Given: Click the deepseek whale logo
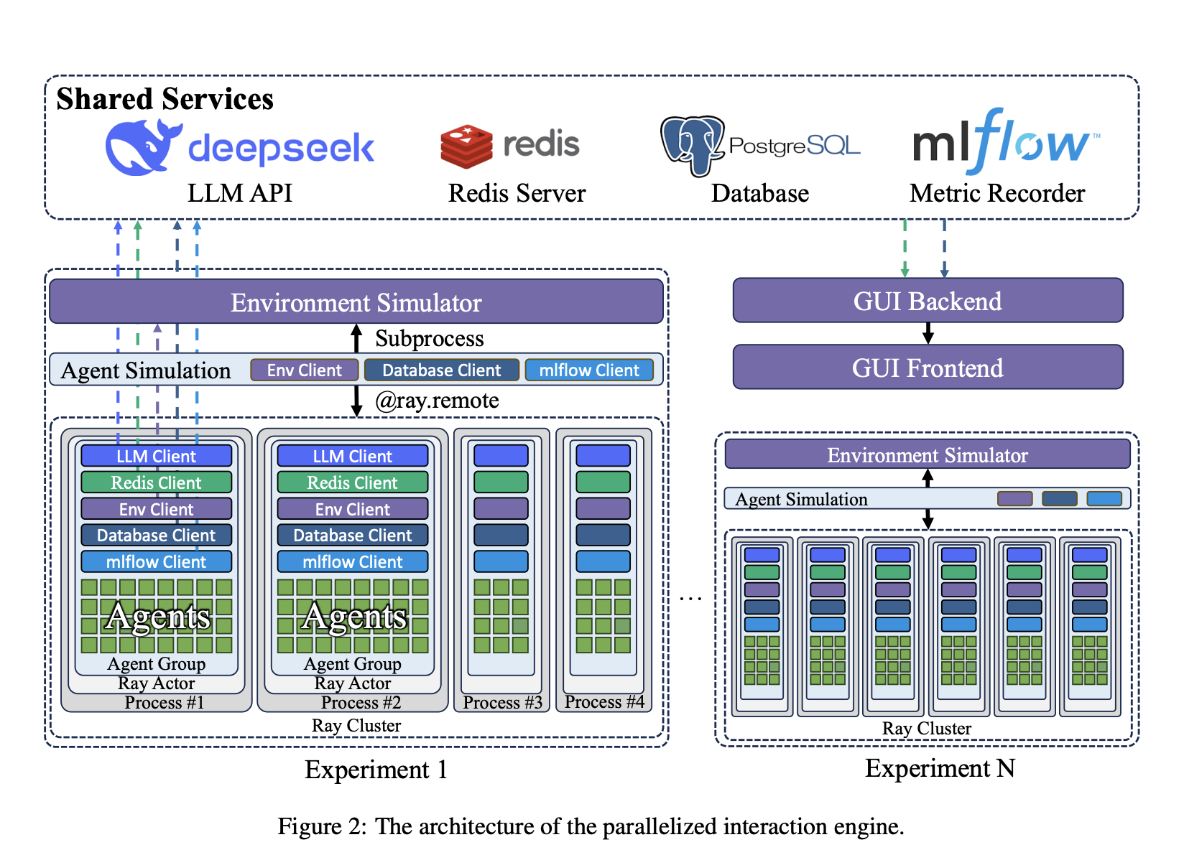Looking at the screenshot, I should click(141, 147).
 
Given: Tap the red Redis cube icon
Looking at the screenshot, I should click(466, 146).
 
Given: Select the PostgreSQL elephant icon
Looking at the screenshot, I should click(690, 145).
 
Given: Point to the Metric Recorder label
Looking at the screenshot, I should click(996, 194).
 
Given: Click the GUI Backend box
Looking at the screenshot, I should click(927, 301).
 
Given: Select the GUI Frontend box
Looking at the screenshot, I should click(927, 368).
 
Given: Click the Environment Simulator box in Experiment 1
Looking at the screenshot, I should click(356, 302).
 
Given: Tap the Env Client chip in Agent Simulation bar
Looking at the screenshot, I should click(304, 370).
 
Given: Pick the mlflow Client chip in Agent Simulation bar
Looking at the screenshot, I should click(588, 370).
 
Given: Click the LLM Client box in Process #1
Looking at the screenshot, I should click(156, 456).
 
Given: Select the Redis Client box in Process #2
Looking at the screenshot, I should click(352, 482).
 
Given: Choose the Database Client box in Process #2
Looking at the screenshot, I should click(352, 535).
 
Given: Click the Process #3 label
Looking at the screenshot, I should click(502, 702).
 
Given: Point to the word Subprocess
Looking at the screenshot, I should click(429, 338).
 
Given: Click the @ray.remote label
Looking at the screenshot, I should click(437, 401).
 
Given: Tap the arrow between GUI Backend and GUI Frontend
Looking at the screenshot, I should click(928, 333).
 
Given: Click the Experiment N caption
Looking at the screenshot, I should click(939, 769).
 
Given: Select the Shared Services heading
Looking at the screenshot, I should click(165, 99).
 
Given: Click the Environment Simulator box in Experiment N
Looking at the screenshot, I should click(927, 455).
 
